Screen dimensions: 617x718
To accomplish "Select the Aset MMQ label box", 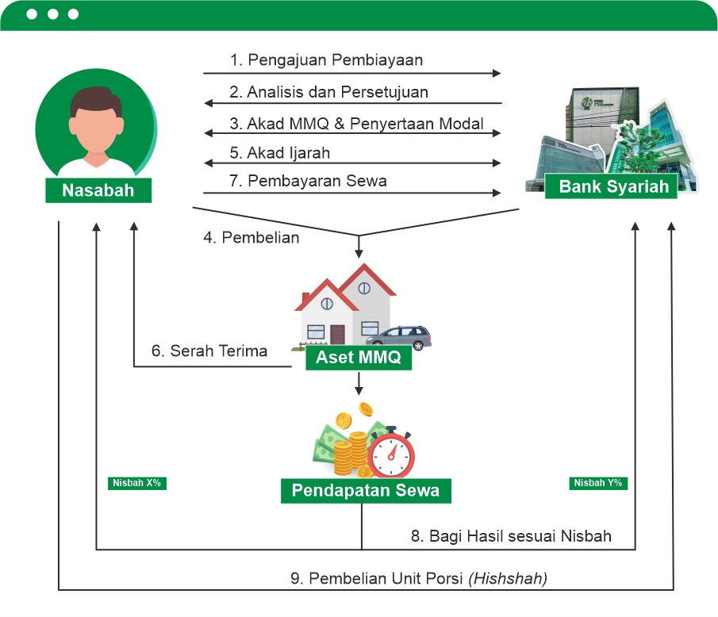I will [359, 358].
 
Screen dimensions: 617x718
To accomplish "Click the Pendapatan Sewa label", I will [366, 490].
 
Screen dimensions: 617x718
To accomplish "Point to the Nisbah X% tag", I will [137, 482].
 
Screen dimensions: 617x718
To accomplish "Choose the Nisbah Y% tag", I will [598, 482].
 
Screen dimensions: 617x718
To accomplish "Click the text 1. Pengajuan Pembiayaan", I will [326, 60].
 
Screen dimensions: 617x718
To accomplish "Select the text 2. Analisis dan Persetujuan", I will [328, 92].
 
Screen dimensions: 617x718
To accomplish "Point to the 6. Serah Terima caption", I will [209, 351].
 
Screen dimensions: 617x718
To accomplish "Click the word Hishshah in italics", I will [509, 578].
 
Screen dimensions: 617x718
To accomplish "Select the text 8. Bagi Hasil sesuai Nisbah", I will [511, 536].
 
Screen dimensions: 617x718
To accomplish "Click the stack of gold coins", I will [350, 456].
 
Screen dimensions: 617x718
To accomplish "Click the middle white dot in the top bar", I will [52, 14].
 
